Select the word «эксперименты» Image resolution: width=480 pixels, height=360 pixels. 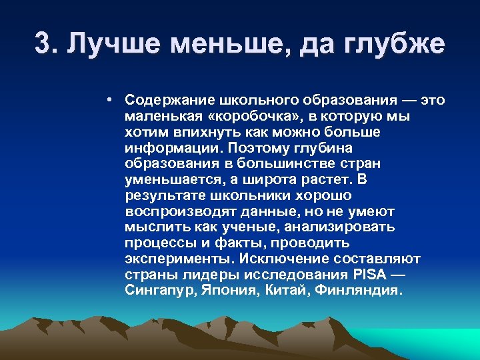point(171,259)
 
